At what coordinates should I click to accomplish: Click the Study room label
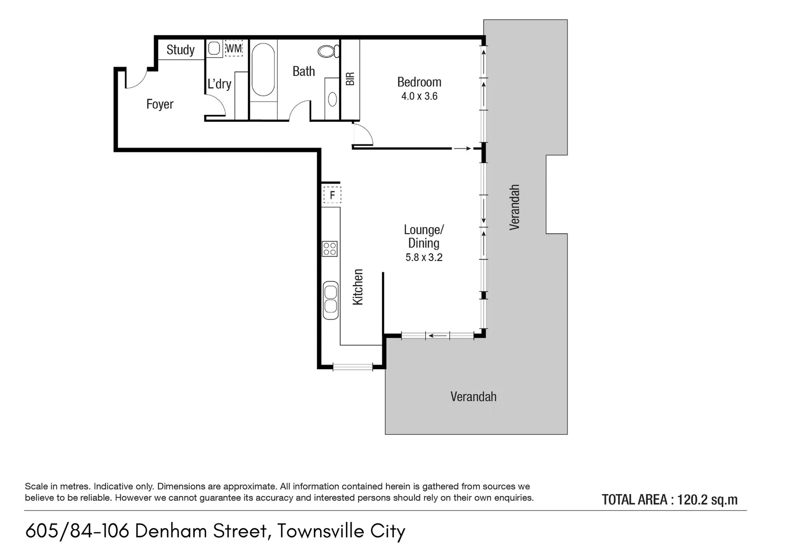180,50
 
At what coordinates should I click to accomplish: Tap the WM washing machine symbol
233,48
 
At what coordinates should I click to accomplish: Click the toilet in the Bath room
328,51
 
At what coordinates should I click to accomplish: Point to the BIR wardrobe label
350,78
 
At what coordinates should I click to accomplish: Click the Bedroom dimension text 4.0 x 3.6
419,96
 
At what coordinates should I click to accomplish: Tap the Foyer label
160,104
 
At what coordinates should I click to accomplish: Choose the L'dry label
220,84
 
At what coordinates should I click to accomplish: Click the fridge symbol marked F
332,195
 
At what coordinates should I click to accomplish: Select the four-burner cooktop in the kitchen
330,249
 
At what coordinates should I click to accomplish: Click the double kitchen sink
330,300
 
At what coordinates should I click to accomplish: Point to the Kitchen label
358,287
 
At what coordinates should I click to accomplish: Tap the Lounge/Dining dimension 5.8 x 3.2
424,257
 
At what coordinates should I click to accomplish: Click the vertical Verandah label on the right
514,207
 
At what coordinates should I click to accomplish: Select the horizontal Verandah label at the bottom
473,397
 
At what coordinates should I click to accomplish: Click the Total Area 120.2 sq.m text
669,499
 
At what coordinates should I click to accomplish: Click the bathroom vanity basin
332,98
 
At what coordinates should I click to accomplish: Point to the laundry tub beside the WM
214,49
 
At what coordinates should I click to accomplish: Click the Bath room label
304,71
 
